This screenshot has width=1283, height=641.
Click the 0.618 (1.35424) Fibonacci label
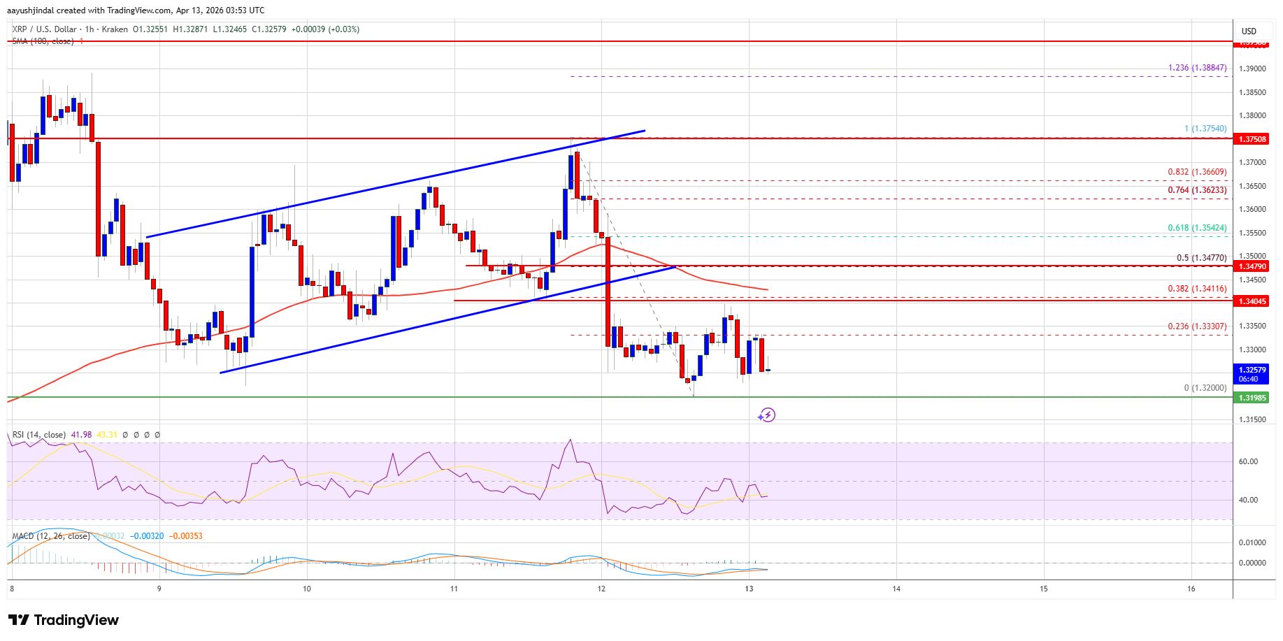click(1197, 228)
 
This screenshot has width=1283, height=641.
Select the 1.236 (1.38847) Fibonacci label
click(1197, 68)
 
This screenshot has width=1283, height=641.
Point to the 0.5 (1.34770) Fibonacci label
click(1201, 257)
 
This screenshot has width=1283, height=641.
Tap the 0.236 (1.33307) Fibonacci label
click(1197, 326)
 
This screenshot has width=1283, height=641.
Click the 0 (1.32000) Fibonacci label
click(1205, 388)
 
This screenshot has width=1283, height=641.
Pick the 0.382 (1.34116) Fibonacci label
click(1197, 289)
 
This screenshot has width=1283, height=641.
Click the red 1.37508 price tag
click(1253, 139)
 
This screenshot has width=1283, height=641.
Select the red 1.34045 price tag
click(1253, 301)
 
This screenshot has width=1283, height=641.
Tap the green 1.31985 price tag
click(1253, 398)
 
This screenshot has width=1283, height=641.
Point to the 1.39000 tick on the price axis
click(1252, 69)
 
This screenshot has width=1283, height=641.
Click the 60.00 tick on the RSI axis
click(1248, 461)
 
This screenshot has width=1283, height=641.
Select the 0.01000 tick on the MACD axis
click(1251, 542)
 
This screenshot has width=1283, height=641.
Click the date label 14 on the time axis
click(896, 589)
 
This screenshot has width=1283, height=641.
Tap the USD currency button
click(1249, 31)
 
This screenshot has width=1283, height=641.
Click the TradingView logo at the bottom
click(64, 620)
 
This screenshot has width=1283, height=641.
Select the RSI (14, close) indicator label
click(39, 435)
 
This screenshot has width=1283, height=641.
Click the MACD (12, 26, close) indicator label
click(51, 536)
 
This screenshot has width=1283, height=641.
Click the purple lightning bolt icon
click(767, 415)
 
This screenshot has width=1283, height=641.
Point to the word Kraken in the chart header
click(115, 29)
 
